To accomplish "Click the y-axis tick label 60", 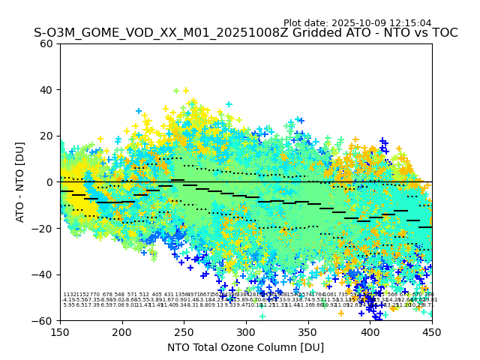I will click(47, 43).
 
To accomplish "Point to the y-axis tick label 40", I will click(47, 90).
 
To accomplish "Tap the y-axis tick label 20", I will click(47, 136).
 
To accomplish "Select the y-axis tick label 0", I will click(50, 182).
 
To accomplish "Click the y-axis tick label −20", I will click(44, 228).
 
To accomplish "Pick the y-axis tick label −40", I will click(44, 274).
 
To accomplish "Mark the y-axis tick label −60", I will click(44, 320).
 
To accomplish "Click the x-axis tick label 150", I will click(60, 331).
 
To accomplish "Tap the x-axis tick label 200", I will click(122, 331).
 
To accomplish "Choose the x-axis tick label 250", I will click(184, 331).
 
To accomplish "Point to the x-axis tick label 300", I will click(246, 331).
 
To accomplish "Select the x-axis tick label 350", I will click(308, 331).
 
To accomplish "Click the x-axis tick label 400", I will click(370, 331).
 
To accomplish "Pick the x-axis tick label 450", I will click(432, 331).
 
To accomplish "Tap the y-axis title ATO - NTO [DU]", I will click(20, 182).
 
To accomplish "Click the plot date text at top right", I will click(358, 23).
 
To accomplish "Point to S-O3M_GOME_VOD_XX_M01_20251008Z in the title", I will click(147, 33).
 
